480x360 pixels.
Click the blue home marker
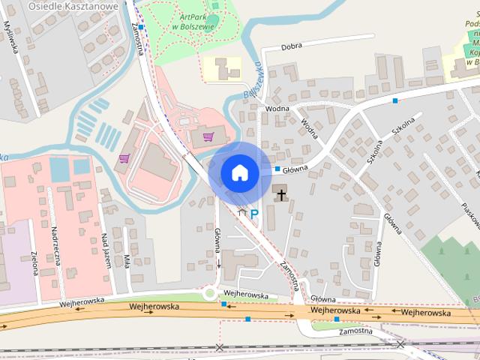click(239, 172)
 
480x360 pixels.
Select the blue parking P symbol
click(254, 214)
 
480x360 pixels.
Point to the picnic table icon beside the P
click(241, 214)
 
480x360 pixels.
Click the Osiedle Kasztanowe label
click(72, 5)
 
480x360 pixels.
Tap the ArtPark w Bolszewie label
click(193, 22)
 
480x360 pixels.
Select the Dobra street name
click(292, 46)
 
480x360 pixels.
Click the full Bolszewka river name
click(255, 83)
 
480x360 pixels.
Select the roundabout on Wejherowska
click(210, 295)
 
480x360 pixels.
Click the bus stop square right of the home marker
click(277, 169)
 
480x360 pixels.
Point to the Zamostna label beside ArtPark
click(137, 34)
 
